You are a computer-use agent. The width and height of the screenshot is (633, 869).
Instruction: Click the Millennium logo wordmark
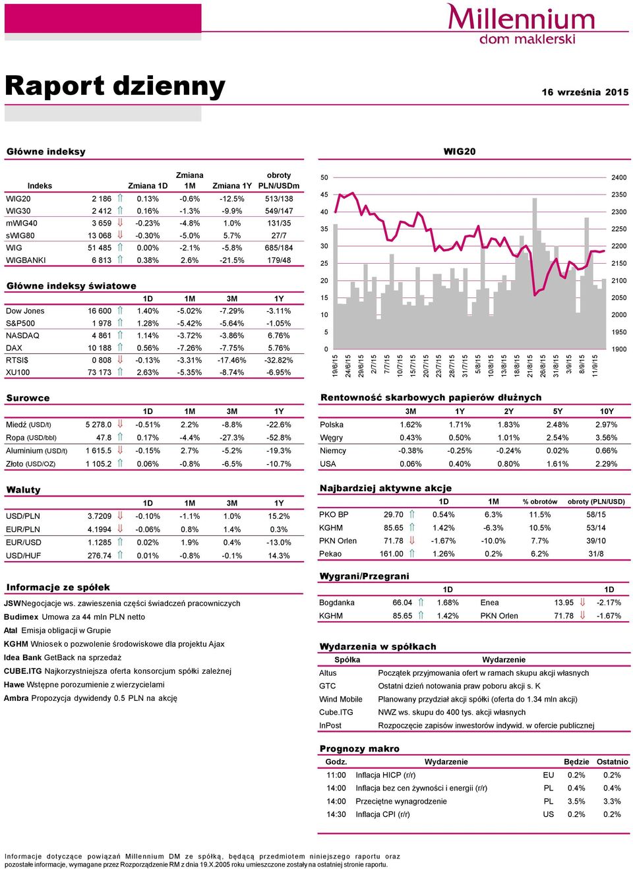point(521,17)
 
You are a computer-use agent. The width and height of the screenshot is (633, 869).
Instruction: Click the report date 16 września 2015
point(585,92)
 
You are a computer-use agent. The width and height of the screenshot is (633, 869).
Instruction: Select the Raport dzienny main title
point(115,86)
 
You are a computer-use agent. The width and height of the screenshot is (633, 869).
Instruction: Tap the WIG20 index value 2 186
point(102,199)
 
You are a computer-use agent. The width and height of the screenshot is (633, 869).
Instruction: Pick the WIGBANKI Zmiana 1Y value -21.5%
point(232,260)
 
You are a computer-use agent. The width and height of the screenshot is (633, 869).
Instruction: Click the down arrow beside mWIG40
point(120,223)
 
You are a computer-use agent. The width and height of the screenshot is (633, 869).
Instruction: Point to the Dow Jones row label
point(25,311)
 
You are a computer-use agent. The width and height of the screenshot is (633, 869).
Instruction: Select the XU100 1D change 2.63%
point(148,373)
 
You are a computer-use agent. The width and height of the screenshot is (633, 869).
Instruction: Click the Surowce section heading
point(28,398)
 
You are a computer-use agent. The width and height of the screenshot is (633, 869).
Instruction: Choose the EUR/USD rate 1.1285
point(100,543)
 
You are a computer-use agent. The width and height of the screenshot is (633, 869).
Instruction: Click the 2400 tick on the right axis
point(618,177)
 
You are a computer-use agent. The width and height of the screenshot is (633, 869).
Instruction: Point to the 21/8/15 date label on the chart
point(530,366)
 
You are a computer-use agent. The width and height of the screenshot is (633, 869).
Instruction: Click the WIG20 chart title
point(459,151)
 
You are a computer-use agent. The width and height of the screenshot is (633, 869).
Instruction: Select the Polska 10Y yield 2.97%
point(606,425)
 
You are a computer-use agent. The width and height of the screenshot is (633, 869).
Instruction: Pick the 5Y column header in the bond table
point(557,411)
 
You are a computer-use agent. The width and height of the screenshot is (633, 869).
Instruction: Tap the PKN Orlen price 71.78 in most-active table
point(393,541)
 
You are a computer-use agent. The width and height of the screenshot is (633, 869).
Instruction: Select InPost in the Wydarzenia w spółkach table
point(330,725)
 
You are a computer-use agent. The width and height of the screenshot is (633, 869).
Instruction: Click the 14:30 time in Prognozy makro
point(336,814)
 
